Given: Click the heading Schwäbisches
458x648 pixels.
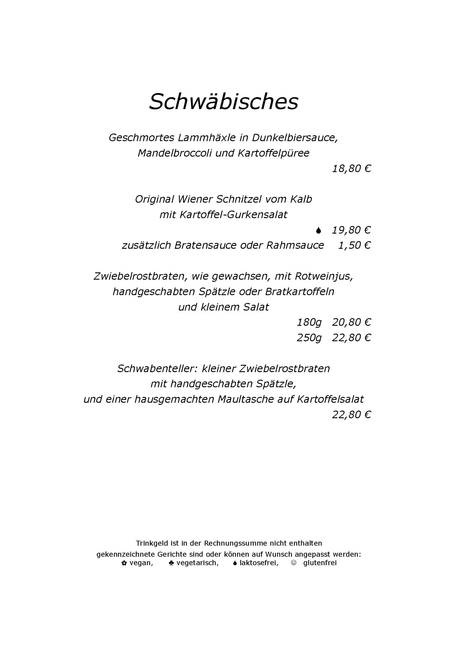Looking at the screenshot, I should click(x=223, y=101).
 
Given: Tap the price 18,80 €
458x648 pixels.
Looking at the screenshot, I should click(x=351, y=169).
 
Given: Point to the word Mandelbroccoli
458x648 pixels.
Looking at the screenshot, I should click(x=174, y=153).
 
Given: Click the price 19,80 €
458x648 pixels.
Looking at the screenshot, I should click(x=351, y=230).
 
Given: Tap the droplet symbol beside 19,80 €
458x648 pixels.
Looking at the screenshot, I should click(x=318, y=230).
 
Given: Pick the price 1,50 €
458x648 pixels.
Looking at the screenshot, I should click(x=354, y=245).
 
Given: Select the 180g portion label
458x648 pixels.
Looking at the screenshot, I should click(x=309, y=322).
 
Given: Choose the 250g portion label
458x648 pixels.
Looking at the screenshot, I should click(x=309, y=338).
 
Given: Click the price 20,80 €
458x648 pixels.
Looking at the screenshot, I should click(x=351, y=322).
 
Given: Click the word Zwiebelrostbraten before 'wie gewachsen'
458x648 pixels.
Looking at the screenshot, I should click(x=140, y=276).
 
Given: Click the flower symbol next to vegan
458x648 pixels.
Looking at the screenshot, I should click(x=124, y=563).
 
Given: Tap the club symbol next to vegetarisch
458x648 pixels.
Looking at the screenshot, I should click(x=171, y=563).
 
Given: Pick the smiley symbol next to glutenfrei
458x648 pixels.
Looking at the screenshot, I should click(x=293, y=563).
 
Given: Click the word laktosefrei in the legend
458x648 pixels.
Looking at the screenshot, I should click(x=259, y=563).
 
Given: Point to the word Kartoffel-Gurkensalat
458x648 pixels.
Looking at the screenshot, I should click(x=233, y=215).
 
